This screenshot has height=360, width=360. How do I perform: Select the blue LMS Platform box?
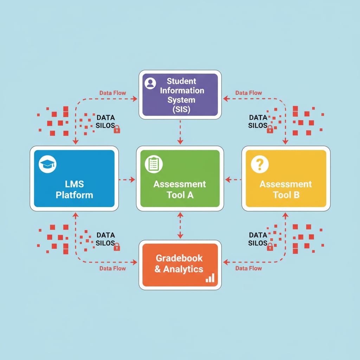pos(74,179)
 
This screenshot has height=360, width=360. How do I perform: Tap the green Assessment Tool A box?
pos(180,179)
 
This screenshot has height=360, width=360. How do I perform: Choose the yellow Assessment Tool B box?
pos(286,179)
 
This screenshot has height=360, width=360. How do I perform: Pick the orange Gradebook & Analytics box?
pos(180,265)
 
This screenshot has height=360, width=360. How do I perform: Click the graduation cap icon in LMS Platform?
pos(47,164)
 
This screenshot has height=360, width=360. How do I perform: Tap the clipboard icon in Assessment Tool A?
pos(154,164)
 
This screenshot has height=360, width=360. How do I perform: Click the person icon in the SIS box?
pos(150,83)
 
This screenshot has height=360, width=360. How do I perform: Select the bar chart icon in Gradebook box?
pos(210,278)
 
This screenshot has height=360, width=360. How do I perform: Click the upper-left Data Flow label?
pos(112,93)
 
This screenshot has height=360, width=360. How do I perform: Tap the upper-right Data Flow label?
pos(249,93)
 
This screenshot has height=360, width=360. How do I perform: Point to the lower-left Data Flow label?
pos(112,268)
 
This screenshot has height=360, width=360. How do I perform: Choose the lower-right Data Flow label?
pos(249,268)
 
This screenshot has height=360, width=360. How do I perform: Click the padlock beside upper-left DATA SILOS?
pos(117,129)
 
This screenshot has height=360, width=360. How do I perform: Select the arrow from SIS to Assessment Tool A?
pos(180,132)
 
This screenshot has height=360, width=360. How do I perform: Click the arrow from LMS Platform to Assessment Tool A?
pos(127,180)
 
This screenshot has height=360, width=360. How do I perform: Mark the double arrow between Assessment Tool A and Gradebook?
pos(180,225)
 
